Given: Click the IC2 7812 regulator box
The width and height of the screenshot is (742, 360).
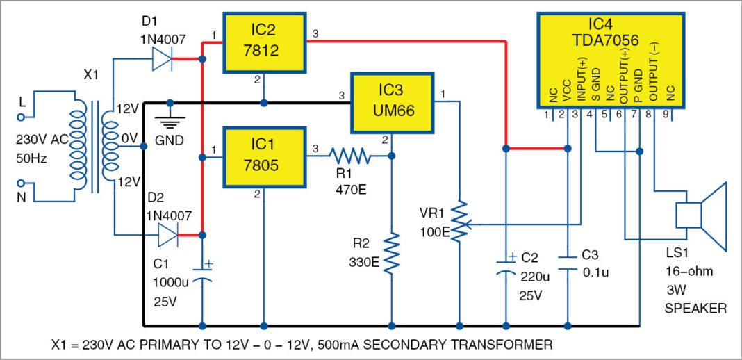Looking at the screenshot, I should pyautogui.click(x=264, y=42).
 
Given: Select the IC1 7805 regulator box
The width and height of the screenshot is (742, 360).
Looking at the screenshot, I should pyautogui.click(x=264, y=158).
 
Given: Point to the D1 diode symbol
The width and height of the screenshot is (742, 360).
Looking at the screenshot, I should pyautogui.click(x=161, y=60).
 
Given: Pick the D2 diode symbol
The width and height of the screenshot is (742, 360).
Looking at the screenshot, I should pyautogui.click(x=167, y=235).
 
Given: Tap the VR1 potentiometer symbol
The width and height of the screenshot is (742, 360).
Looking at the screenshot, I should pyautogui.click(x=459, y=224).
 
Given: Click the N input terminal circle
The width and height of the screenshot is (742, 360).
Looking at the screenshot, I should pyautogui.click(x=22, y=184).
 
